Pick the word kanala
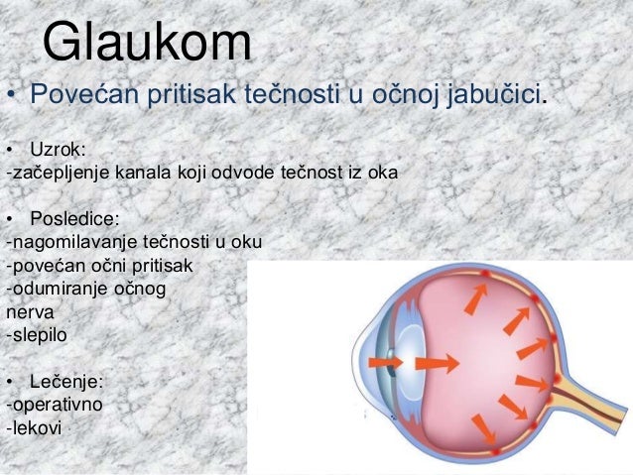[145, 173]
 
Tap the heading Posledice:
[72, 217]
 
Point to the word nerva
[27, 312]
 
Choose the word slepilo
[39, 335]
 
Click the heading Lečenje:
[66, 381]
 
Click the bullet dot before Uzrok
[11, 151]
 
